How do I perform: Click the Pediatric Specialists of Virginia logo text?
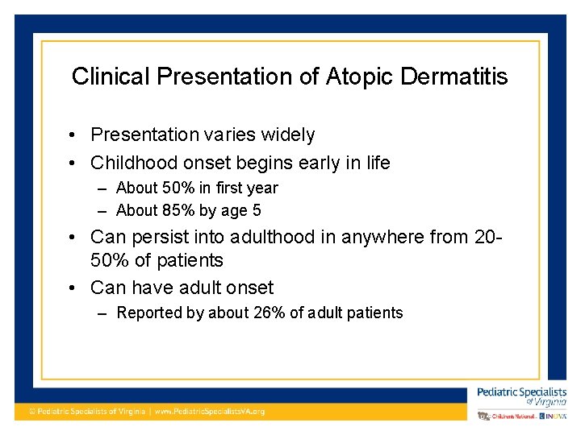(521, 396)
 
